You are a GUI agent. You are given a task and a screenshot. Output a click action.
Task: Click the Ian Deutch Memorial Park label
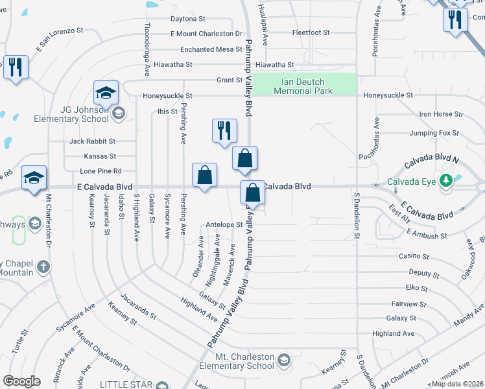click(303, 86)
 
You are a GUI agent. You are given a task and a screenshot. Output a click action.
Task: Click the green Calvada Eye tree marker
click(445, 182)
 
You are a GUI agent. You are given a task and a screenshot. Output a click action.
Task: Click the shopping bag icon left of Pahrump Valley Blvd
click(204, 176)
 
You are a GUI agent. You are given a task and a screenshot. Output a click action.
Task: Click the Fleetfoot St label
click(311, 32)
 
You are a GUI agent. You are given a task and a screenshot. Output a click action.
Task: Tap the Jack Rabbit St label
click(92, 141)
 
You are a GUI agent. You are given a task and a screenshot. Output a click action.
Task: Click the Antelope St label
click(223, 225)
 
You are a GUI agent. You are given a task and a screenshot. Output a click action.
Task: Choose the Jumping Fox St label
click(434, 133)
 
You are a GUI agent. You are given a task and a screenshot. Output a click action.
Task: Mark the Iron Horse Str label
click(441, 114)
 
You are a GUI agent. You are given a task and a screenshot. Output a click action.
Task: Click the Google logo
click(21, 381)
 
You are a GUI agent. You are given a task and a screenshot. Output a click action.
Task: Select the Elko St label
click(416, 288)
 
